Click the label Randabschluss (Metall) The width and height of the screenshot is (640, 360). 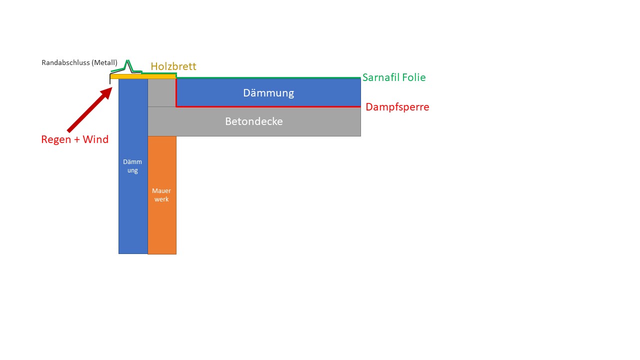[x=79, y=62]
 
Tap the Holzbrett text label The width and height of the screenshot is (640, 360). [x=173, y=66]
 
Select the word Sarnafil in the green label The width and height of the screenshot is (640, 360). [x=381, y=77]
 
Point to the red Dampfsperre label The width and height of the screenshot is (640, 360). [x=397, y=107]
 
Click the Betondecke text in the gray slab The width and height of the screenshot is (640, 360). [x=254, y=121]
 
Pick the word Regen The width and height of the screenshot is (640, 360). [x=56, y=139]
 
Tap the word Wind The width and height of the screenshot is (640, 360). [x=95, y=139]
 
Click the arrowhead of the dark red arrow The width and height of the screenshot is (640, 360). [x=107, y=93]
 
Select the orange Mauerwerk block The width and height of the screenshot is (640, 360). [x=162, y=195]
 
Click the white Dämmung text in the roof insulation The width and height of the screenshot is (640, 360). [x=268, y=93]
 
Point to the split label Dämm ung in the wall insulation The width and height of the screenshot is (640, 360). [x=132, y=166]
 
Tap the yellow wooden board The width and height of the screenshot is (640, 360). [x=143, y=76]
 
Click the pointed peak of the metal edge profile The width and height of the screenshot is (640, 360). [x=127, y=61]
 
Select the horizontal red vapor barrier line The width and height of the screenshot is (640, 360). [x=268, y=107]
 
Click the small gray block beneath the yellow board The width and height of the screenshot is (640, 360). [x=161, y=92]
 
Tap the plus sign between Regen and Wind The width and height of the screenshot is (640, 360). [x=77, y=139]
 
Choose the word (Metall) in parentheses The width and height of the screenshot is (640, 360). [x=104, y=62]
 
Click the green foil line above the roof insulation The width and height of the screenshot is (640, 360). [x=268, y=77]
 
